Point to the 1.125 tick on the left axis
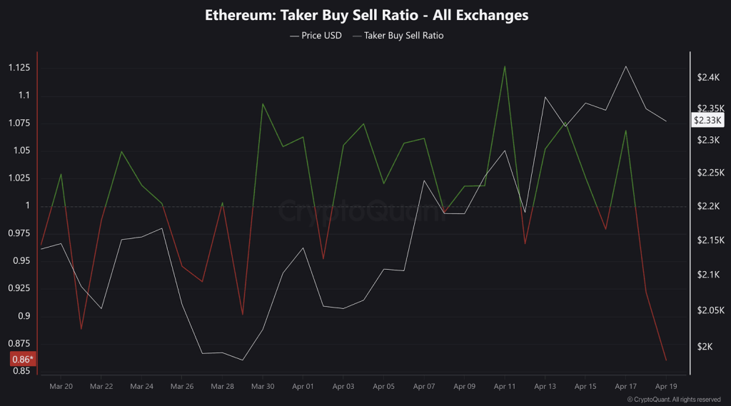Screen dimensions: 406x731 point(19,68)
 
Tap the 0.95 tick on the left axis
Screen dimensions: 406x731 point(21,261)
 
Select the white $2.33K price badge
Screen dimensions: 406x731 point(708,121)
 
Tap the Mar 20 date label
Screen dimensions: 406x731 point(61,386)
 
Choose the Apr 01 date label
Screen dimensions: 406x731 point(303,386)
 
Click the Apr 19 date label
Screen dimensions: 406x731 point(666,386)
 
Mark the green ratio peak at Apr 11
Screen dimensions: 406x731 point(505,66)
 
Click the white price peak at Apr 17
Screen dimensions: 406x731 point(626,66)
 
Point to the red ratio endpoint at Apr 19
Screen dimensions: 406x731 point(666,360)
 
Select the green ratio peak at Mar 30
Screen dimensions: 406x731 point(263,103)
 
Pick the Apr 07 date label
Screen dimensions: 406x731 point(424,386)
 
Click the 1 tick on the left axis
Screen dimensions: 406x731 point(29,206)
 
